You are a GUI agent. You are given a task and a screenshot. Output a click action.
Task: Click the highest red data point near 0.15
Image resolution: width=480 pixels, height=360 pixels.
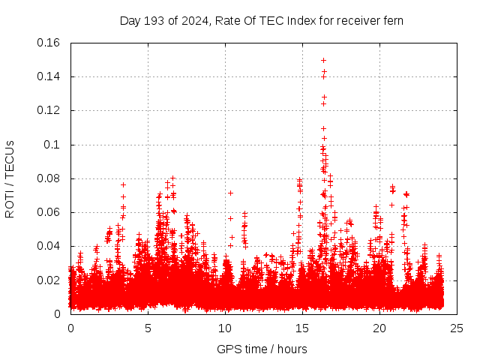point(323,60)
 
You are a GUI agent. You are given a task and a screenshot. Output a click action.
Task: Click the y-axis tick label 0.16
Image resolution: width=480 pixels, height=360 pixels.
point(49,42)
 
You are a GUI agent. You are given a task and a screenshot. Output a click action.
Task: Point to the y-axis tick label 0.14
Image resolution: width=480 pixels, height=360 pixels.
point(49,76)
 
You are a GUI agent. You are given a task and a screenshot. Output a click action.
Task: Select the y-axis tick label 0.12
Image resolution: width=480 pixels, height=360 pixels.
point(49,110)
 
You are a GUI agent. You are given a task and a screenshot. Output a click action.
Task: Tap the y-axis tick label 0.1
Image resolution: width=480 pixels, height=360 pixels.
point(53,145)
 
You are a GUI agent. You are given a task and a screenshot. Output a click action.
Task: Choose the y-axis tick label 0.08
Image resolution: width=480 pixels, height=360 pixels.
point(49,178)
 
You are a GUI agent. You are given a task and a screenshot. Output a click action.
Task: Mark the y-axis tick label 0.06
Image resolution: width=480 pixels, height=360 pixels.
point(49,212)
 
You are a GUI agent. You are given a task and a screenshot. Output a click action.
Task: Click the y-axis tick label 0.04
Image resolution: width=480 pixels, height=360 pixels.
point(49,246)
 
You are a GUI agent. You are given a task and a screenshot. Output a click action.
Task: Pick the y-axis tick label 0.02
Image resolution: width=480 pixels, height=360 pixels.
point(49,280)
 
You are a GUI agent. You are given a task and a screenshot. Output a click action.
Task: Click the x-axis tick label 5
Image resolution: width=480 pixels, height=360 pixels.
point(148,328)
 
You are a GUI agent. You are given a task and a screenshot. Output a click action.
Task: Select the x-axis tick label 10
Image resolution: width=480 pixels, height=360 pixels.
point(225,328)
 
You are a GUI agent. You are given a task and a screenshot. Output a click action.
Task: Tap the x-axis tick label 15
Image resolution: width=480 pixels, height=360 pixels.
point(302,328)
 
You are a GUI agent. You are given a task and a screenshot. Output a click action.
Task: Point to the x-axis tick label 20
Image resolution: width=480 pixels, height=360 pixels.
point(379,328)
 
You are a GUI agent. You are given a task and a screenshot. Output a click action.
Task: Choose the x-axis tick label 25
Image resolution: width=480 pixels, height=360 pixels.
point(457,328)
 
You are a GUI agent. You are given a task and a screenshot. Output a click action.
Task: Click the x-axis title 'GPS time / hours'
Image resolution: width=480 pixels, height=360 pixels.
point(263,349)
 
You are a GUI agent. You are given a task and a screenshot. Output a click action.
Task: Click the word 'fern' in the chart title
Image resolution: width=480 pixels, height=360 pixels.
point(393,21)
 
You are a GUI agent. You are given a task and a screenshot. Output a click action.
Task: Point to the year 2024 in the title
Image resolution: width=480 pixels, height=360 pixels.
point(193,21)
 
